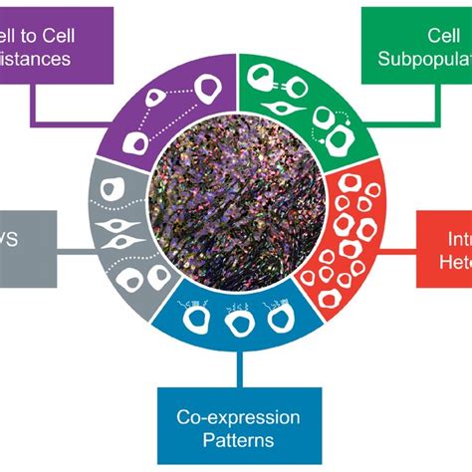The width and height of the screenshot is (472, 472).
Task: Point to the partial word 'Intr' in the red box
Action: [453, 239]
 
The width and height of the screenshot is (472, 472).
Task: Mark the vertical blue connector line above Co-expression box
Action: [236, 368]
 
